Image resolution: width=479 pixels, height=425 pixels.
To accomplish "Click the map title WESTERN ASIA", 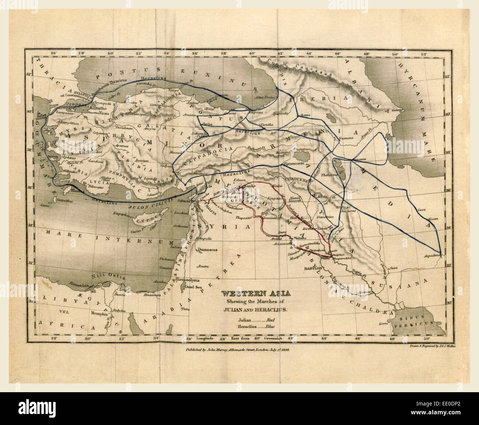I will [x=255, y=294].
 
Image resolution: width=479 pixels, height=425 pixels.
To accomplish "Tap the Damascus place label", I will [x=207, y=250].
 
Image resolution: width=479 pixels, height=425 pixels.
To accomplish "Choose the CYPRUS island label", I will [x=139, y=222].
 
